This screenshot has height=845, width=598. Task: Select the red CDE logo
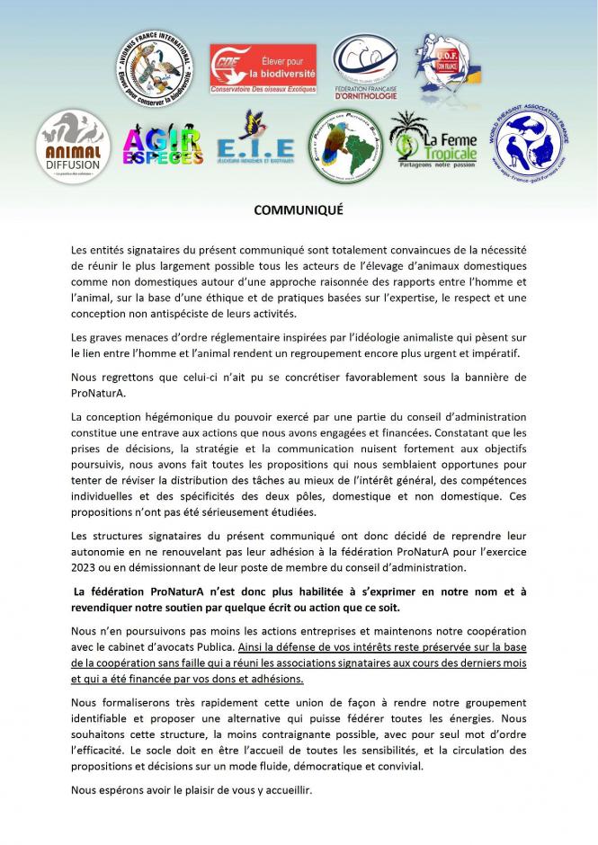(254, 67)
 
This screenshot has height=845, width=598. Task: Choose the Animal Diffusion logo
(72, 145)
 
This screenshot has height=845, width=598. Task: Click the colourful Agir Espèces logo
(162, 147)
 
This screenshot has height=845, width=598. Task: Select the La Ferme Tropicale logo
(436, 141)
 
